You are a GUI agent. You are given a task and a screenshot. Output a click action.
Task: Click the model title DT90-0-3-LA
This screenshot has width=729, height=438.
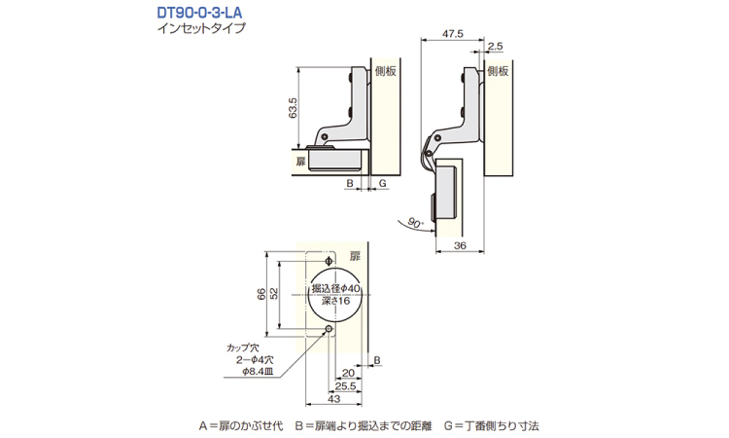pyautogui.click(x=199, y=12)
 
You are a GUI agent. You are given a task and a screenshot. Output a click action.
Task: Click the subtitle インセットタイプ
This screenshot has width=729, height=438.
pyautogui.click(x=201, y=28)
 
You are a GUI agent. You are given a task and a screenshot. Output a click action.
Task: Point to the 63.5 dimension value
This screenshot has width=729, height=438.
pyautogui.click(x=293, y=107)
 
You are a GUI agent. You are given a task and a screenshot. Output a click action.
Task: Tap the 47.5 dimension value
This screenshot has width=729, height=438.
pyautogui.click(x=453, y=34)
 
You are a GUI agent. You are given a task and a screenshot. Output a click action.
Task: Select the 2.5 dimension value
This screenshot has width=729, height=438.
pyautogui.click(x=496, y=46)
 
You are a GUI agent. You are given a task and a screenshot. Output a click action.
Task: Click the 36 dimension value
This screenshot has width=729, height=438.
pyautogui.click(x=460, y=245)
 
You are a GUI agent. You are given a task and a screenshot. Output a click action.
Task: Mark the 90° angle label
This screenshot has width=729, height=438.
pyautogui.click(x=416, y=223)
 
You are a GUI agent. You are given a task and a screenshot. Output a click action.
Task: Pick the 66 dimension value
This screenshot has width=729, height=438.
pyautogui.click(x=261, y=294)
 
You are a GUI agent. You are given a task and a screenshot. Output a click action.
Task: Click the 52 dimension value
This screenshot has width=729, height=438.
pyautogui.click(x=274, y=294)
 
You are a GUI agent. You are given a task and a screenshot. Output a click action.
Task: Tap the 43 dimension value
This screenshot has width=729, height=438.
pyautogui.click(x=333, y=399)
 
